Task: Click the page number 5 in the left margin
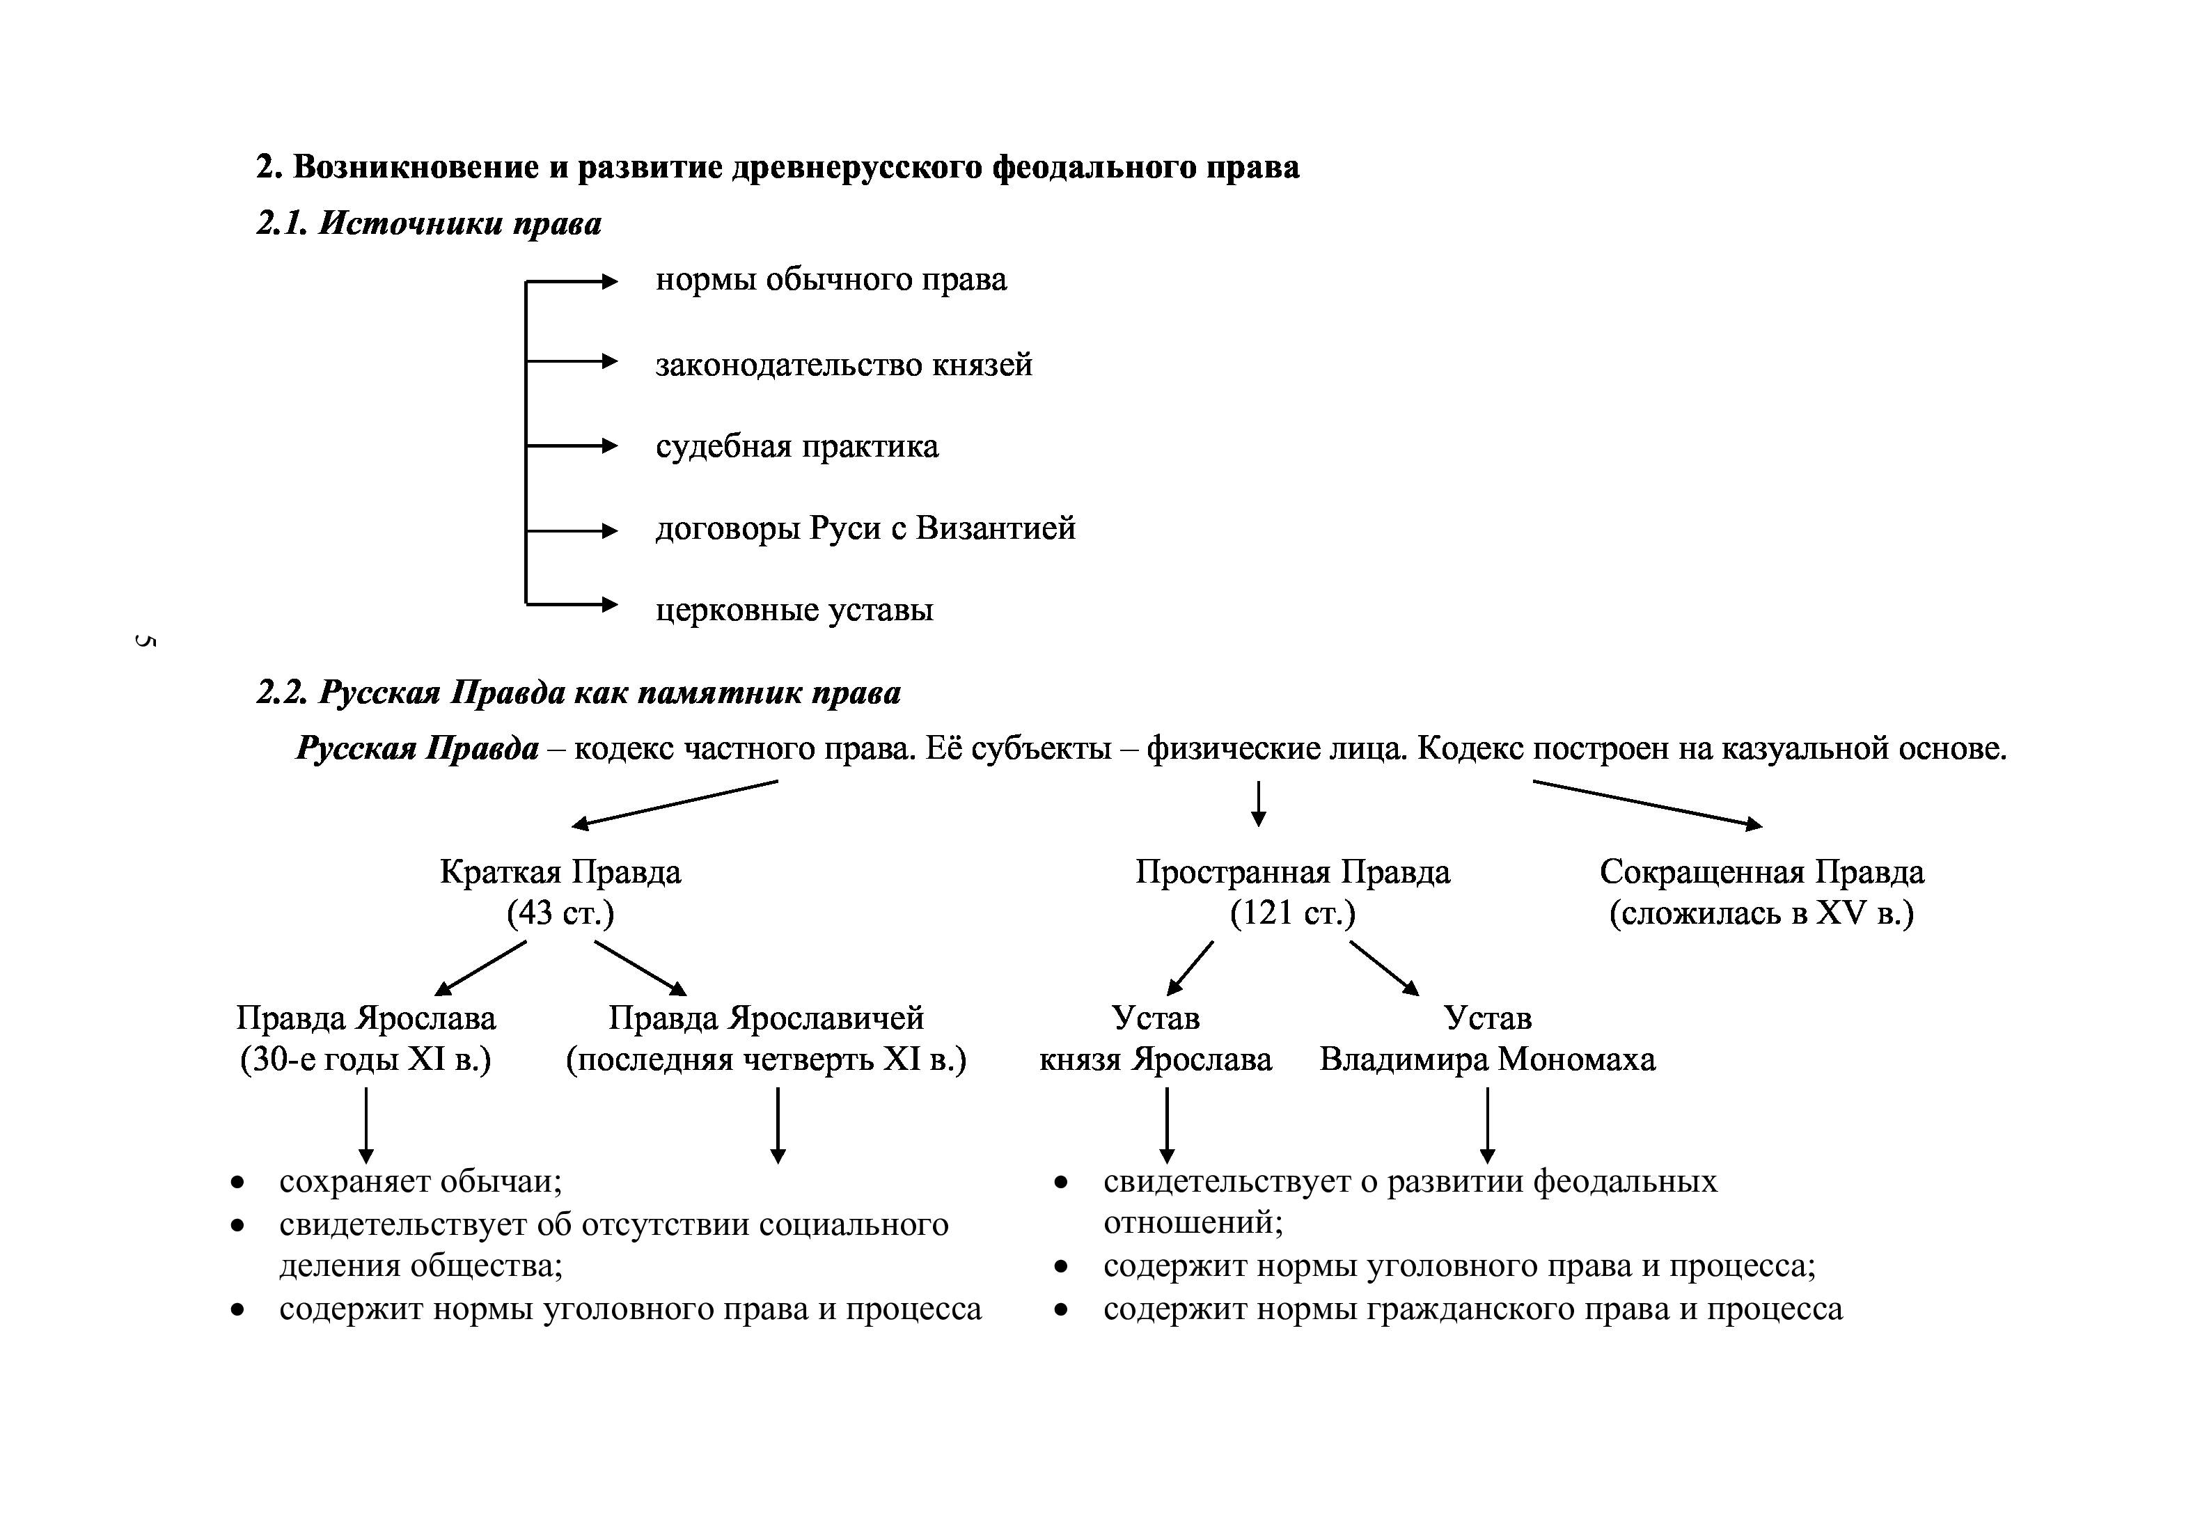(x=145, y=641)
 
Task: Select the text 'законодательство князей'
(x=843, y=364)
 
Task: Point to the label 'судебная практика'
(x=796, y=446)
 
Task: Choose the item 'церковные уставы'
(x=794, y=609)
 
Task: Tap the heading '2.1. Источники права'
(x=429, y=224)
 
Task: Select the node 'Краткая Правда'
(x=560, y=872)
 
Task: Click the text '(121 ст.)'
(x=1292, y=913)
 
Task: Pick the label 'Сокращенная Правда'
(x=1761, y=872)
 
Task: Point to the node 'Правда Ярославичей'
(x=766, y=1018)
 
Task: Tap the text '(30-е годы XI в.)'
(x=366, y=1059)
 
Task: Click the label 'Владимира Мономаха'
(x=1487, y=1059)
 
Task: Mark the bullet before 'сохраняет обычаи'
(x=238, y=1183)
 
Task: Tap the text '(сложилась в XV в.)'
(x=1761, y=913)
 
